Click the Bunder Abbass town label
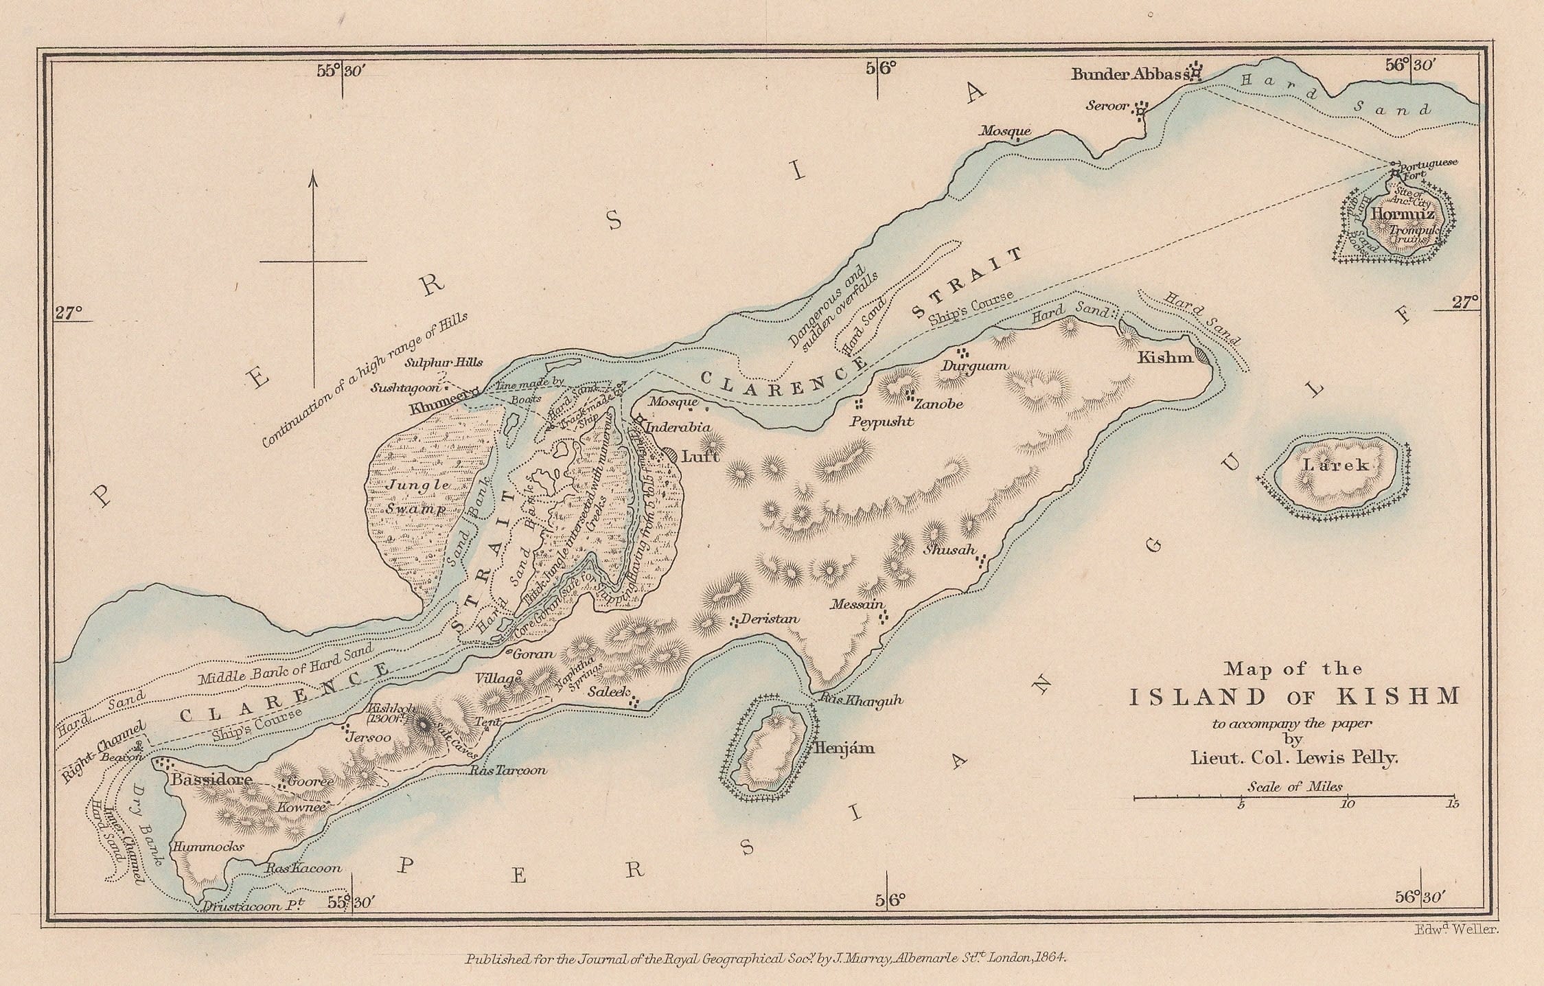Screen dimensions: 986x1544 tap(1129, 74)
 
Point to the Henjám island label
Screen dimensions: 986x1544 tap(843, 748)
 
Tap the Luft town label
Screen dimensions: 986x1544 tap(700, 455)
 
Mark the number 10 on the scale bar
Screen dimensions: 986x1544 tap(1347, 804)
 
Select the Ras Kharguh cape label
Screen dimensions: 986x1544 tap(860, 701)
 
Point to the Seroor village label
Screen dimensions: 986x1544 tap(1107, 106)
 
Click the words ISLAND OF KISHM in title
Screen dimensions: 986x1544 tap(1295, 698)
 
